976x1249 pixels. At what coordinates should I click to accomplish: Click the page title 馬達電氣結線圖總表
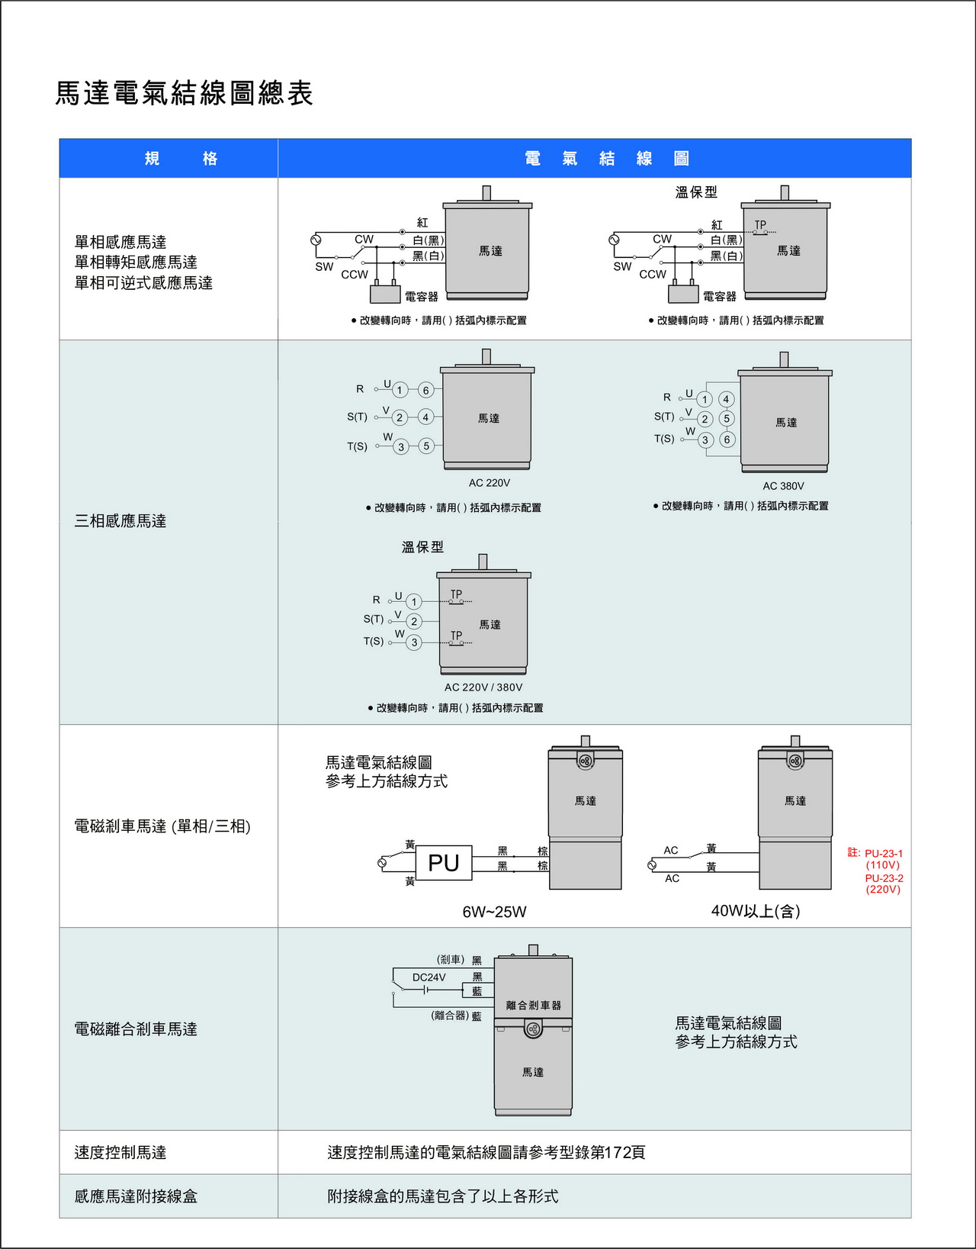[x=184, y=93]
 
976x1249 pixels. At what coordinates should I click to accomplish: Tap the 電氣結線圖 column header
[x=606, y=159]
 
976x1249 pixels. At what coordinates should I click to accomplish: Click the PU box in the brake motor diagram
[x=444, y=863]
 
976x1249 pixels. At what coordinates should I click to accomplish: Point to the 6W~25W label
[x=494, y=912]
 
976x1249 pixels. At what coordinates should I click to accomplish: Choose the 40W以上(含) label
[x=755, y=911]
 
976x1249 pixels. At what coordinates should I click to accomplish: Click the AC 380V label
[x=783, y=486]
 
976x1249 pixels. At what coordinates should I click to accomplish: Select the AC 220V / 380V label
[x=483, y=687]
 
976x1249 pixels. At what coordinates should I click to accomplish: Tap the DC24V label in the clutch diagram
[x=429, y=977]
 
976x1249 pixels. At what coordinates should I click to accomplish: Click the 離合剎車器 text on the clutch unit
[x=533, y=1006]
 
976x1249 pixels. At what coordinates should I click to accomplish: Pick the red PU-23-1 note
[x=883, y=853]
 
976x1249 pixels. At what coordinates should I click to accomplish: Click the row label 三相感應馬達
[x=120, y=521]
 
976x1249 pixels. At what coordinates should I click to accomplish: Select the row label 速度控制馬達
[x=120, y=1153]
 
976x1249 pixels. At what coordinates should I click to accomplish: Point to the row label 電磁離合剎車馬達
[x=136, y=1029]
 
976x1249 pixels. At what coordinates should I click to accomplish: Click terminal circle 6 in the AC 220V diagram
[x=426, y=390]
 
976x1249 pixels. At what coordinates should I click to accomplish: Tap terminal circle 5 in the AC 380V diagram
[x=727, y=418]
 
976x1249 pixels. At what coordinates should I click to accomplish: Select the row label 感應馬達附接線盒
[x=136, y=1196]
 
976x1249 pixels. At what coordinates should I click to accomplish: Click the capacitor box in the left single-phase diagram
[x=385, y=294]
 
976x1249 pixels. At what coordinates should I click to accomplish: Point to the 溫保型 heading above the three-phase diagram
[x=422, y=547]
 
